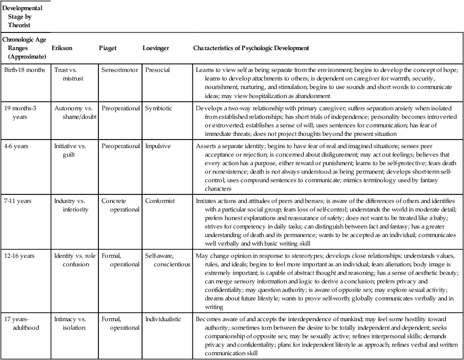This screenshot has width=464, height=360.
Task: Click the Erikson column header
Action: pos(61,48)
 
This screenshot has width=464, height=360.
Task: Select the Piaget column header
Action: pos(108,48)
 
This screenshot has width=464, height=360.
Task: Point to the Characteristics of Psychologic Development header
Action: pos(251,48)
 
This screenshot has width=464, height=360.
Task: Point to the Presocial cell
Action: pos(158,70)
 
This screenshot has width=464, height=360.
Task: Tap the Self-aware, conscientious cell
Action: pos(165,260)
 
